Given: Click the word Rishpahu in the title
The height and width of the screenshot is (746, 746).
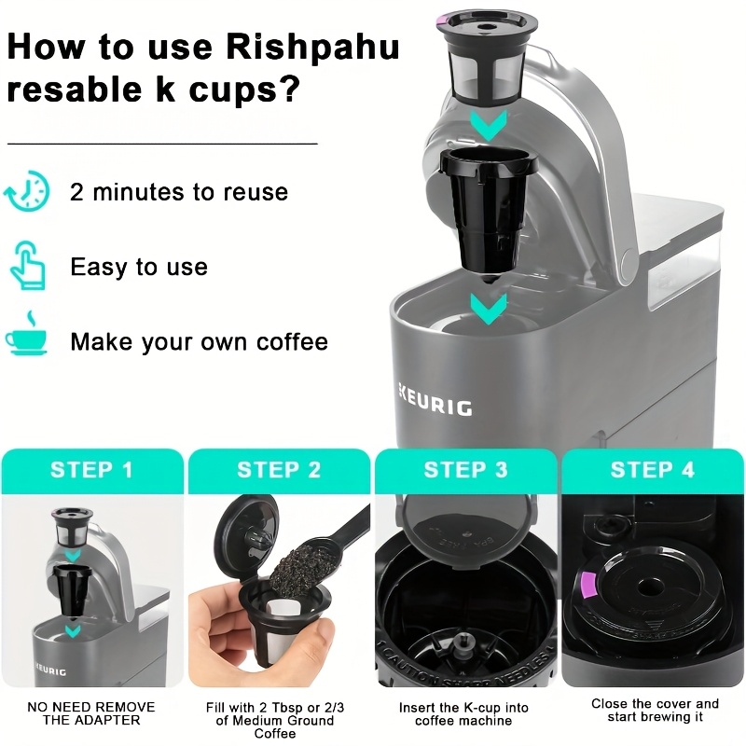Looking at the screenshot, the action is (x=312, y=48).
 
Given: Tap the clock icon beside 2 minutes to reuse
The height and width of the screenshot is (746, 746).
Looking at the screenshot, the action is (x=26, y=191).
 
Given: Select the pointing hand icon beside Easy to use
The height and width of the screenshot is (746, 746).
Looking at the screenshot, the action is (x=28, y=266).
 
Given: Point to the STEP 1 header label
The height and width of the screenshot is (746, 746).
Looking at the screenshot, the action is (x=91, y=470).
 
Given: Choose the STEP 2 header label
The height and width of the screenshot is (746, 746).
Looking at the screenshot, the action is (x=279, y=470).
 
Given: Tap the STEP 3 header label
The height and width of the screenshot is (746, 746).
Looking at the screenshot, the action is (x=465, y=470).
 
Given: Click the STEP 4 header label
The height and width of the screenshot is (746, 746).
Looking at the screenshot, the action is (x=652, y=470).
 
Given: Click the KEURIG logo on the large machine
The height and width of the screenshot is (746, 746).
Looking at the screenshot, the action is (x=435, y=405).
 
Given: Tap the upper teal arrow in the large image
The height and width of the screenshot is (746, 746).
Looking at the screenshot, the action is (x=488, y=125).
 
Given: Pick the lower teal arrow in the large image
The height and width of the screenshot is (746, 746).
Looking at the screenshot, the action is (x=488, y=309).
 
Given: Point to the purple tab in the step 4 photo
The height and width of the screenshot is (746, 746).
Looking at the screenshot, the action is (x=588, y=585).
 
